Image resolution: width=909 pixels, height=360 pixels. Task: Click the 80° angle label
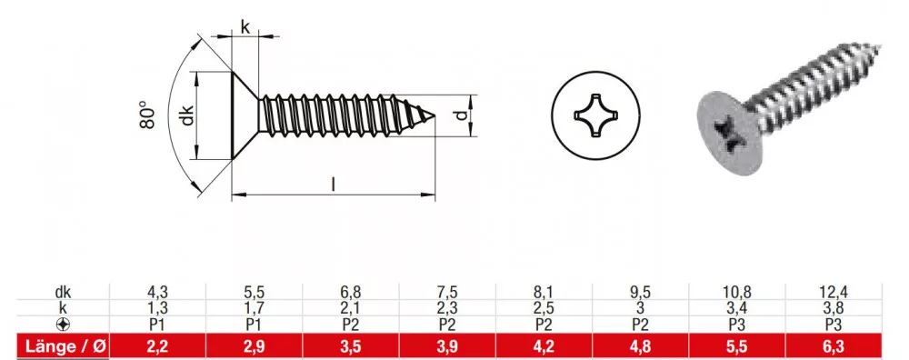pyautogui.click(x=148, y=115)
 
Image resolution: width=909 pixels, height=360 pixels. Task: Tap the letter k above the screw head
pyautogui.click(x=245, y=26)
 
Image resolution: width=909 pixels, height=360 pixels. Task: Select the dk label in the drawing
pyautogui.click(x=186, y=115)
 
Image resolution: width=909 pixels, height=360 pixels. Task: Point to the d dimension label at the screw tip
pyautogui.click(x=461, y=115)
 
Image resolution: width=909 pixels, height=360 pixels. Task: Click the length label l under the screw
pyautogui.click(x=334, y=184)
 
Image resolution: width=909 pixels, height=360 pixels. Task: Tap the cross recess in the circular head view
pyautogui.click(x=595, y=115)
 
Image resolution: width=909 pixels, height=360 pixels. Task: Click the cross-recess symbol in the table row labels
pyautogui.click(x=63, y=325)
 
